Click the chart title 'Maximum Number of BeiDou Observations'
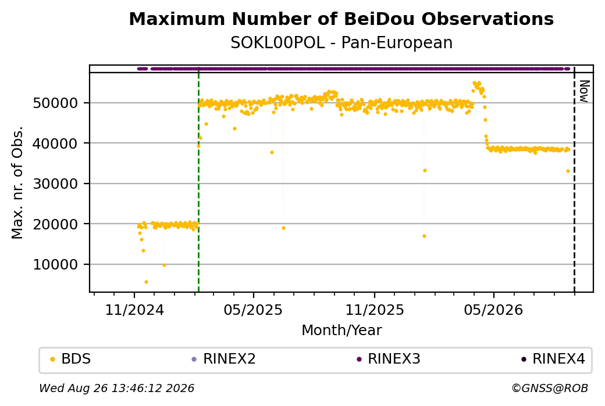tap(341, 19)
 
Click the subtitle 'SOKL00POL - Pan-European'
tap(341, 43)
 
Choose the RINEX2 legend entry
tap(224, 359)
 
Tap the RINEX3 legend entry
tap(389, 359)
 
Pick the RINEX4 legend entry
tap(553, 359)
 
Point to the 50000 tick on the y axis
tap(56, 103)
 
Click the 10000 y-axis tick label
tap(56, 265)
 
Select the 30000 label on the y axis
tap(56, 184)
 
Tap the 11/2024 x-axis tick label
tap(134, 310)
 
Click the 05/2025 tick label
tap(253, 310)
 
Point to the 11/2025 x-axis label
tap(374, 310)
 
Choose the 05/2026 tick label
tap(493, 310)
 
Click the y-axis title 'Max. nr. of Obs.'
tap(17, 182)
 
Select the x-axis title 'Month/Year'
tap(341, 330)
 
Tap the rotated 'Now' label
tap(584, 91)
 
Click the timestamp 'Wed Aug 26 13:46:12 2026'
tap(116, 388)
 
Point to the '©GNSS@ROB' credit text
tap(550, 388)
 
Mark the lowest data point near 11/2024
tap(146, 282)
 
